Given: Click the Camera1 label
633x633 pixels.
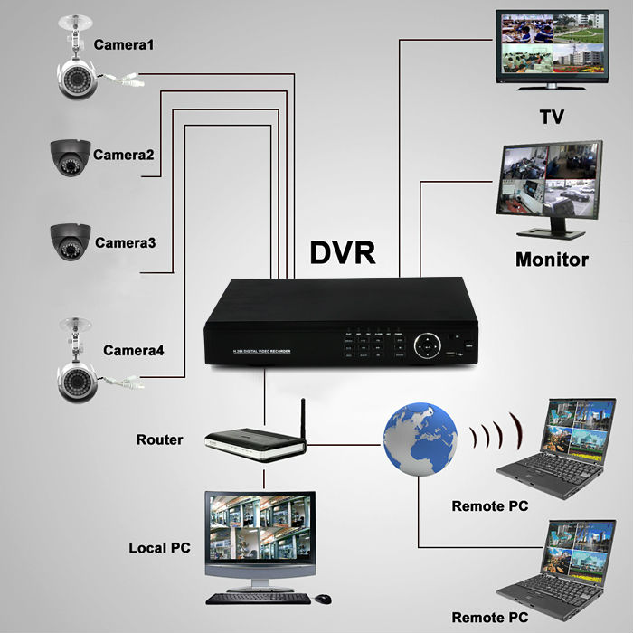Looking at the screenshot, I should [x=126, y=43].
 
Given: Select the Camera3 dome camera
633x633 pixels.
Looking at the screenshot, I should [x=70, y=241].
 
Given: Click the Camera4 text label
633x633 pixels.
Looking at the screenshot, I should [x=134, y=350].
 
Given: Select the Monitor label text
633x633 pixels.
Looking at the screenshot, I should [x=552, y=260].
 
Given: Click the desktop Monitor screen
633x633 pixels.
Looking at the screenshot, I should [x=548, y=178].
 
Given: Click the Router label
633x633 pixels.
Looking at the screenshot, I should [x=159, y=440].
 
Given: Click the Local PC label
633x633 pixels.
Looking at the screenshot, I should [x=159, y=549].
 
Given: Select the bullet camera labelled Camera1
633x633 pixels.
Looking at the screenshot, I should [x=81, y=77].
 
